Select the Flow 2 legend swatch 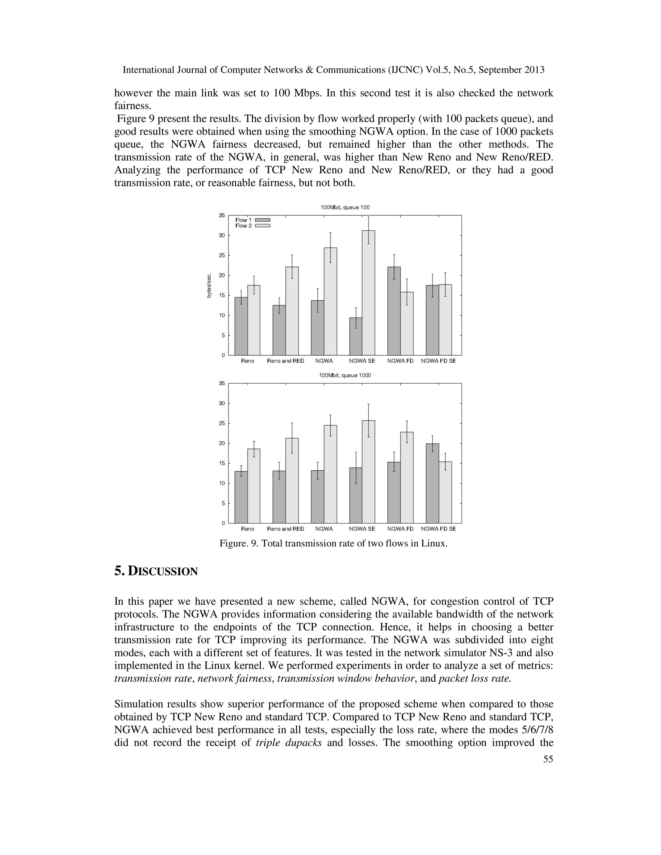(263, 226)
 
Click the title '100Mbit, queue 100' (345, 207)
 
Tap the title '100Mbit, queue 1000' (345, 376)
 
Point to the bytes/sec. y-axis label (209, 285)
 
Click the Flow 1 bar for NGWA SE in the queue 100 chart (356, 336)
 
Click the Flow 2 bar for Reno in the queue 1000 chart (254, 486)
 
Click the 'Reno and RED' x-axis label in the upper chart (285, 361)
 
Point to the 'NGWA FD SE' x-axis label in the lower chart (439, 529)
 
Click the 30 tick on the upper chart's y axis (222, 235)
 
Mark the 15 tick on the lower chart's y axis (222, 463)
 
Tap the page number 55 (548, 759)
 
